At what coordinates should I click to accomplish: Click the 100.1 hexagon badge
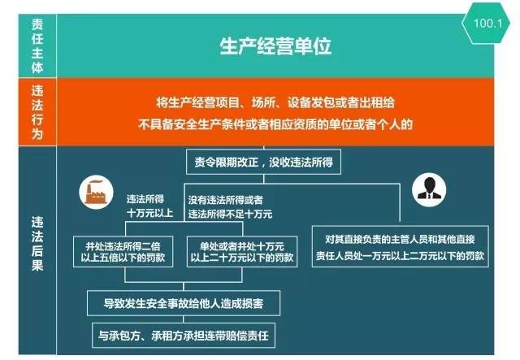pos(486,24)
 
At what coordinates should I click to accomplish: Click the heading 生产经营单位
pos(275,46)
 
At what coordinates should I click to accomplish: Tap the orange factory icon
pos(96,192)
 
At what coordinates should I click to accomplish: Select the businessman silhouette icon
pos(429,190)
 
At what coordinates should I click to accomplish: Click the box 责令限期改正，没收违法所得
pos(263,162)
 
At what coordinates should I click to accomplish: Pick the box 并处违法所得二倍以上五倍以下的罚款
pos(123,251)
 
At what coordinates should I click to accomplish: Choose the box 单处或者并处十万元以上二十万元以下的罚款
pos(242,251)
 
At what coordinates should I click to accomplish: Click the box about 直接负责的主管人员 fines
pos(401,246)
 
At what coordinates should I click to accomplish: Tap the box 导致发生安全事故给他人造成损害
pos(184,303)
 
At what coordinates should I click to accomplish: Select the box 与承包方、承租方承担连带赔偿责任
pos(184,336)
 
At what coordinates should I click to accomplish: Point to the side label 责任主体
pos(37,46)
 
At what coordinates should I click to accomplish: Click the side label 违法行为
pos(37,112)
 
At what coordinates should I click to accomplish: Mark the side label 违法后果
pos(37,244)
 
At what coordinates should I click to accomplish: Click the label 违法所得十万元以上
pos(149,206)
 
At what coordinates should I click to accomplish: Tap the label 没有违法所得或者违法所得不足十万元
pos(230,206)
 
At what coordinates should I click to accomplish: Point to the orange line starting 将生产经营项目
pos(275,102)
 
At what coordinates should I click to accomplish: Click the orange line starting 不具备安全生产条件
pos(275,124)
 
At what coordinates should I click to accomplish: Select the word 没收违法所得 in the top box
pos(301,162)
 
